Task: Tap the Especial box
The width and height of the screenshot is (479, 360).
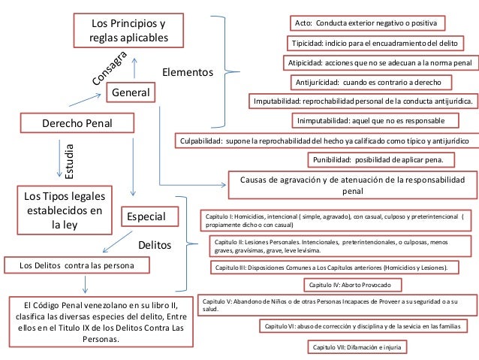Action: [149, 218]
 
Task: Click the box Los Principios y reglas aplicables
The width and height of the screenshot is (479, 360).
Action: [128, 31]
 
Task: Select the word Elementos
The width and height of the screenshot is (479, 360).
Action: [188, 73]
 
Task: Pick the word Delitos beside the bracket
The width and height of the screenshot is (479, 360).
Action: [155, 246]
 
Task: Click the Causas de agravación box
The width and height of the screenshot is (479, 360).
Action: [351, 185]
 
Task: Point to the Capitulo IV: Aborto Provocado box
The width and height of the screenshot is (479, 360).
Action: [350, 285]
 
